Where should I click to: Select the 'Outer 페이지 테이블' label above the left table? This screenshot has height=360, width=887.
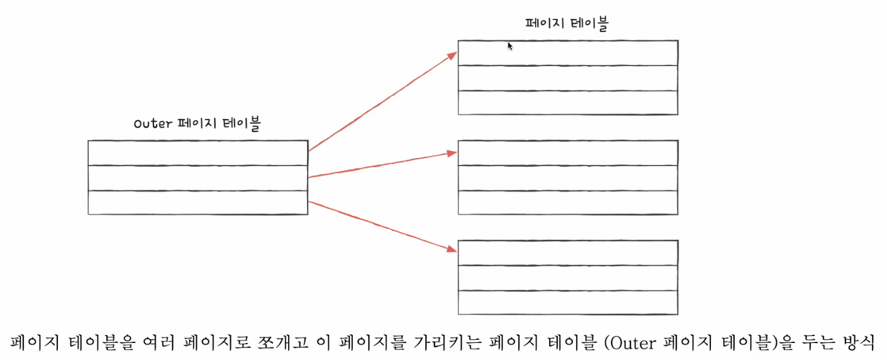tap(197, 124)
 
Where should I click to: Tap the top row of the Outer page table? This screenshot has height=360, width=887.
tap(198, 153)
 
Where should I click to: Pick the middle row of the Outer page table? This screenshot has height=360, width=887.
tap(198, 178)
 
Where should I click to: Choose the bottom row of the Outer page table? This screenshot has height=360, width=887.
tap(198, 203)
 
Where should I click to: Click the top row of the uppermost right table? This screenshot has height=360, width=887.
tap(567, 53)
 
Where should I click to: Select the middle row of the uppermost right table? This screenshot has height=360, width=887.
tap(567, 78)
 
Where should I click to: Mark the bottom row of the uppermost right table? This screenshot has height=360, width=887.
tap(567, 103)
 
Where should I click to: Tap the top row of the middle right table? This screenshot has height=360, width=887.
tap(567, 153)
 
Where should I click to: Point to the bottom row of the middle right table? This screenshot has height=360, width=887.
tap(567, 203)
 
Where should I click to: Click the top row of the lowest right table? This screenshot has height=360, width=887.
tap(567, 252)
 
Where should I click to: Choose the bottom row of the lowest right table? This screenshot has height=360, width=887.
tap(567, 303)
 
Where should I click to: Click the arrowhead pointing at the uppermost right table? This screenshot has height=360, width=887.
tap(452, 55)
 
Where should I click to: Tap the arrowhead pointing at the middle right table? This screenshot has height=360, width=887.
tap(451, 152)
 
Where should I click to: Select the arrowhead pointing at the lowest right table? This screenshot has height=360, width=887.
tap(451, 249)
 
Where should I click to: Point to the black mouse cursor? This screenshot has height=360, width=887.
tap(510, 46)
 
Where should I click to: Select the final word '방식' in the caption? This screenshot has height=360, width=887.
tap(859, 342)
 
